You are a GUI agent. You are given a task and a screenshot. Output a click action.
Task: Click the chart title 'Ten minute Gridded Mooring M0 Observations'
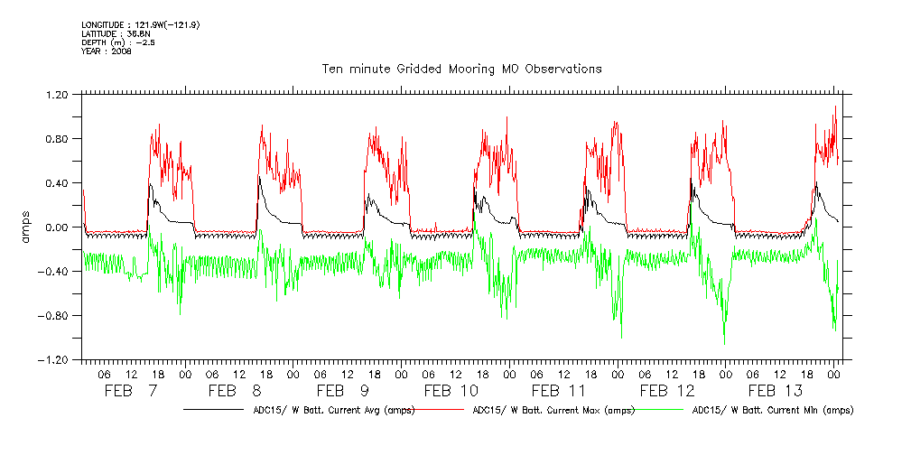pyautogui.click(x=461, y=69)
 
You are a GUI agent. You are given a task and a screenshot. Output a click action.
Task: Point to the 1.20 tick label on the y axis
pyautogui.click(x=57, y=94)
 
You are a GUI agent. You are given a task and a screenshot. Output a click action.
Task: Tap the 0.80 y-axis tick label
pyautogui.click(x=57, y=138)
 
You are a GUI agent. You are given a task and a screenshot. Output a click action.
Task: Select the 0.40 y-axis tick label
pyautogui.click(x=57, y=182)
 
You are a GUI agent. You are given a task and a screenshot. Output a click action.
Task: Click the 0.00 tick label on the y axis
pyautogui.click(x=57, y=227)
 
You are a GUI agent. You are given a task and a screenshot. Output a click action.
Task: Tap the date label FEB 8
pyautogui.click(x=236, y=391)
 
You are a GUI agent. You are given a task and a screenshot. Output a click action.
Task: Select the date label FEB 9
pyautogui.click(x=343, y=391)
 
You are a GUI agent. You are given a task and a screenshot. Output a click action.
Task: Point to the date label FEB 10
pyautogui.click(x=451, y=391)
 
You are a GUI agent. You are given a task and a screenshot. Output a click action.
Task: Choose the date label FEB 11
pyautogui.click(x=560, y=391)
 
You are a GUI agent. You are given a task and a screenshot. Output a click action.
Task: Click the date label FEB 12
pyautogui.click(x=667, y=391)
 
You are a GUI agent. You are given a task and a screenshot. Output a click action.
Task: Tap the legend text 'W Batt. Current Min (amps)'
pyautogui.click(x=772, y=410)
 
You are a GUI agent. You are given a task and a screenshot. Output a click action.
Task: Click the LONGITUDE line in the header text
pyautogui.click(x=140, y=24)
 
